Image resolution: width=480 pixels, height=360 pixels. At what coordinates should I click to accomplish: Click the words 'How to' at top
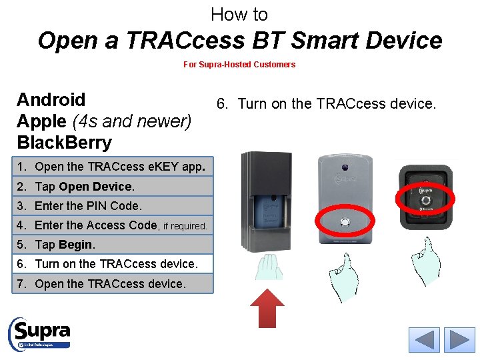click(x=239, y=14)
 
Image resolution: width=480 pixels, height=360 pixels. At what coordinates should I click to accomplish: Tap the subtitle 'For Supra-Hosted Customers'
click(x=239, y=65)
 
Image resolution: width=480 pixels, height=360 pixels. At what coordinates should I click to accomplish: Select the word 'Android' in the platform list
click(x=51, y=100)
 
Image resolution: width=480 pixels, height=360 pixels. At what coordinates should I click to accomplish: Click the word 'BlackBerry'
click(x=65, y=143)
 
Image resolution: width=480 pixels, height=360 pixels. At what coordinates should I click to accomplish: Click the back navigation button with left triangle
click(x=424, y=340)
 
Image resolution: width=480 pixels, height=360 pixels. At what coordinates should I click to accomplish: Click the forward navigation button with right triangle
click(x=459, y=340)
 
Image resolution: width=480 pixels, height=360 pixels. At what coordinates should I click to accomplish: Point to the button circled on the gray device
click(x=345, y=222)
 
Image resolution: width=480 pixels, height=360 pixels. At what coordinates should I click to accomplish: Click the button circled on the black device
click(x=424, y=199)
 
